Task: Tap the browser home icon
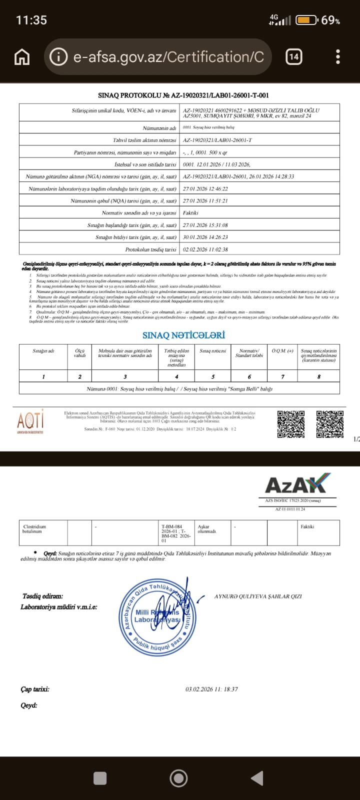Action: point(21,57)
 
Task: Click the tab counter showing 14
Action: point(294,57)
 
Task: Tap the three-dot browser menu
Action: point(338,57)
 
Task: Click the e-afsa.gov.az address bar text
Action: point(168,57)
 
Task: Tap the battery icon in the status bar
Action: point(305,20)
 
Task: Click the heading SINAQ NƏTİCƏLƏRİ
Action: point(183,335)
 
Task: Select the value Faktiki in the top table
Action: point(191,213)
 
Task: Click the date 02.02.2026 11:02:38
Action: point(205,249)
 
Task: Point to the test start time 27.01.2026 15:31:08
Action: point(205,225)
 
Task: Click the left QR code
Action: point(291,423)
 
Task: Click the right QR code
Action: point(330,423)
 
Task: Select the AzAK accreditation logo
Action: point(297,485)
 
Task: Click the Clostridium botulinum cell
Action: point(34,529)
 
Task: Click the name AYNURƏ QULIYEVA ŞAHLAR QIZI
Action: point(258,596)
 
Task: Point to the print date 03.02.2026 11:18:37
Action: point(211,689)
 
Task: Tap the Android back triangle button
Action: point(257,778)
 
